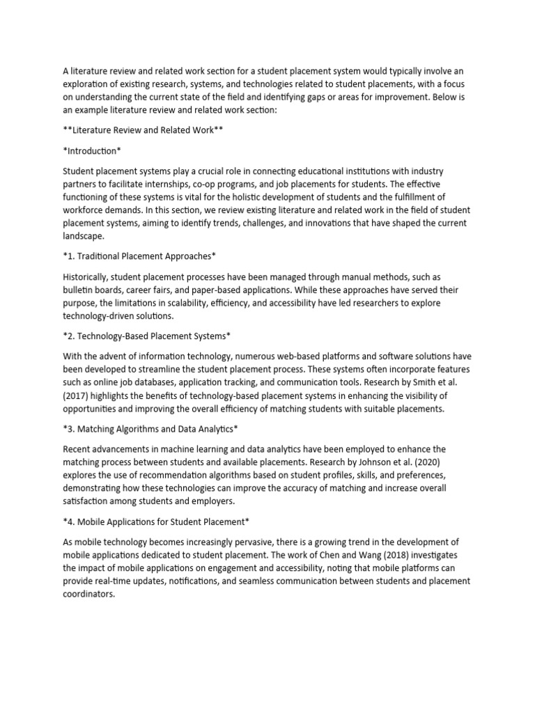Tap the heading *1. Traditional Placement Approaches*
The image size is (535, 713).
click(145, 256)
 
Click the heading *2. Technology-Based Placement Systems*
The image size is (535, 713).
click(146, 336)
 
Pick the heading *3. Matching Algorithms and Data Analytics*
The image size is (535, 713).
click(151, 428)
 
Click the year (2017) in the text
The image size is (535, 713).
click(78, 395)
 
